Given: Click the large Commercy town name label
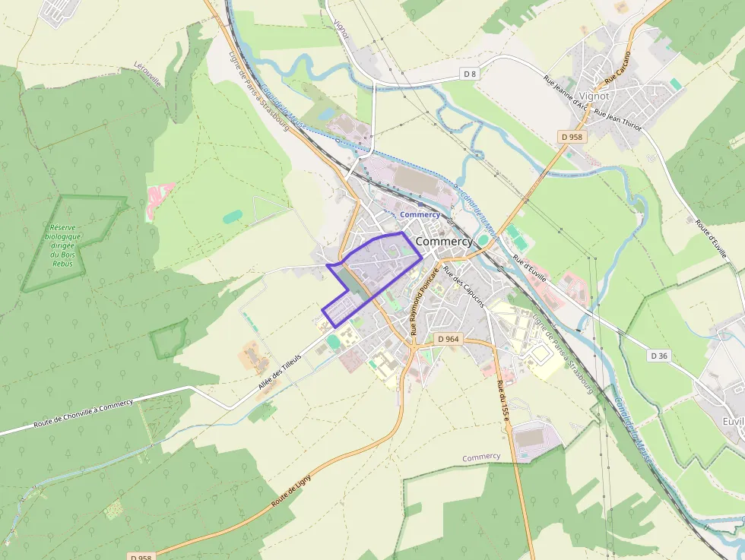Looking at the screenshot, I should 444,241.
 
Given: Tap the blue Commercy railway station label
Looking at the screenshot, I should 420,214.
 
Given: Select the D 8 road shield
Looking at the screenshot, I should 471,74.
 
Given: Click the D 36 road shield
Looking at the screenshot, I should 659,356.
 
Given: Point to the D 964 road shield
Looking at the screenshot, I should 449,339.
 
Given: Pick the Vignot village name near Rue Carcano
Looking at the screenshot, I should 594,96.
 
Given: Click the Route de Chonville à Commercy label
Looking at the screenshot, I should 83,416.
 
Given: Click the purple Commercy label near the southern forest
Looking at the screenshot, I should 481,457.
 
